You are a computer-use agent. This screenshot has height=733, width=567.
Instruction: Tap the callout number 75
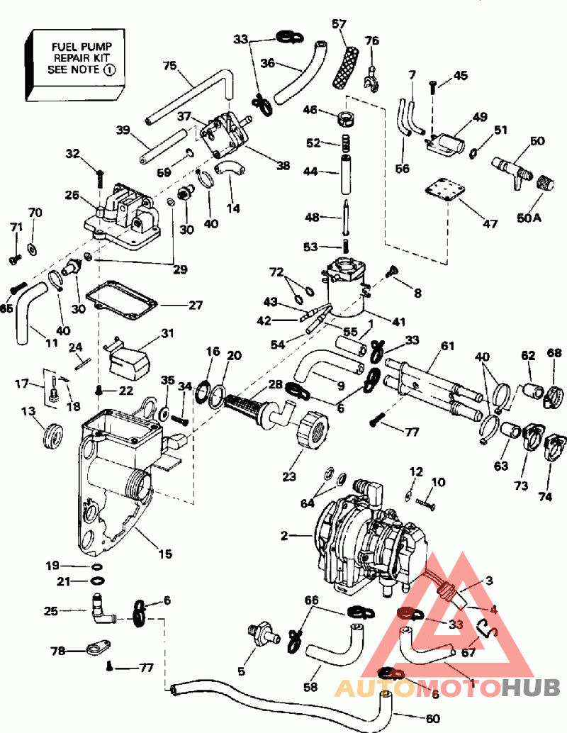169,65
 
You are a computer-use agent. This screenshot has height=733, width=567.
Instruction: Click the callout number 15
165,553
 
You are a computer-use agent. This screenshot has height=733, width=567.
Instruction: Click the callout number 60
432,720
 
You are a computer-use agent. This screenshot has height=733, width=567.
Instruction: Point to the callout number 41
399,322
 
